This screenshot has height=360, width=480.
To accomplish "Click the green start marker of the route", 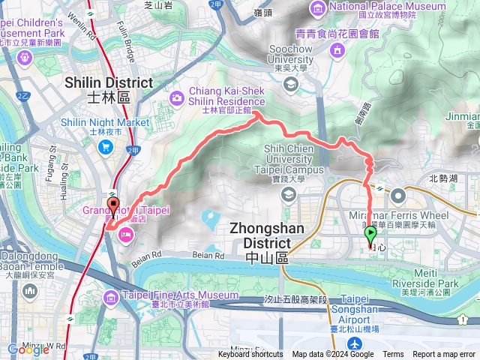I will click(x=370, y=235).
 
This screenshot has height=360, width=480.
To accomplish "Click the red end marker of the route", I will click(x=113, y=205).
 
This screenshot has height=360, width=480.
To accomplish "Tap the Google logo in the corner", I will click(x=28, y=349).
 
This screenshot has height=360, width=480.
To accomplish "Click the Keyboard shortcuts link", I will click(x=250, y=355).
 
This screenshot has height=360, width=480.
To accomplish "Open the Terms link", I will click(x=393, y=355).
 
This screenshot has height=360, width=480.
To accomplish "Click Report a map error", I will click(x=444, y=355).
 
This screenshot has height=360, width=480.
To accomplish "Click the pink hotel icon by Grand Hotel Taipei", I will click(x=125, y=235).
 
